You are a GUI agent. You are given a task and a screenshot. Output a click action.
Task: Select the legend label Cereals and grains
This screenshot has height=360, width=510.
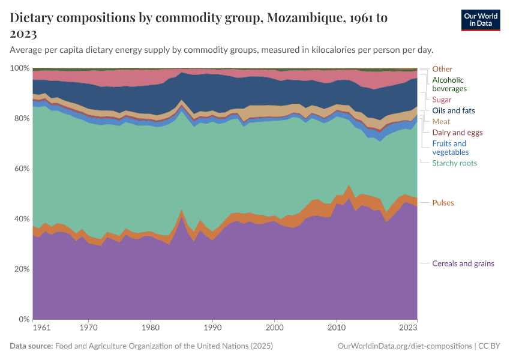(x=463, y=263)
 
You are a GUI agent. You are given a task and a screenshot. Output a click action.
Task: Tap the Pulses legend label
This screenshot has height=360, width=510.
(x=443, y=203)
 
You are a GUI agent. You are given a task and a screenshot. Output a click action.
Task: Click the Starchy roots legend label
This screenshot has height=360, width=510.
(x=454, y=163)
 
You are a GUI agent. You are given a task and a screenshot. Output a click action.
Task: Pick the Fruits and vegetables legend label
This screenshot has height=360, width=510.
(x=449, y=148)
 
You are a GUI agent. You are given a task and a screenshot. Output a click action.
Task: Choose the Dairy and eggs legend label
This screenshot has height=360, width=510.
(x=457, y=132)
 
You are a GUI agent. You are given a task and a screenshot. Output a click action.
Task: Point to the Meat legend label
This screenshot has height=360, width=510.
(x=441, y=121)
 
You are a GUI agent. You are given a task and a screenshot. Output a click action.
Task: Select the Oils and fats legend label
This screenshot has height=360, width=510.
(x=454, y=110)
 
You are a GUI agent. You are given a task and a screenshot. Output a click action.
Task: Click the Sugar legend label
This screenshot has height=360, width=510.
(x=442, y=100)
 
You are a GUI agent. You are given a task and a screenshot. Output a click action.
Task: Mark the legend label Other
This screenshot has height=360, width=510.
(x=442, y=69)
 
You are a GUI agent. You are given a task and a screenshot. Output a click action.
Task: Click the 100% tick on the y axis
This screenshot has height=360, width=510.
(x=19, y=68)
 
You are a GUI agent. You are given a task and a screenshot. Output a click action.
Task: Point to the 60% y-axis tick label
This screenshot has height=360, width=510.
(x=21, y=169)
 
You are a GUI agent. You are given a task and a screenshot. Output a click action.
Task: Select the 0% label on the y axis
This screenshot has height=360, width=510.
(x=23, y=319)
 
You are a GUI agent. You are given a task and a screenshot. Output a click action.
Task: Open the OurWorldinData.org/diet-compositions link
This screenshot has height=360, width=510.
(x=405, y=346)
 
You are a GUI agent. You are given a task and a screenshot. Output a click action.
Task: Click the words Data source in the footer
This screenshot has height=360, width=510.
(x=31, y=346)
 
